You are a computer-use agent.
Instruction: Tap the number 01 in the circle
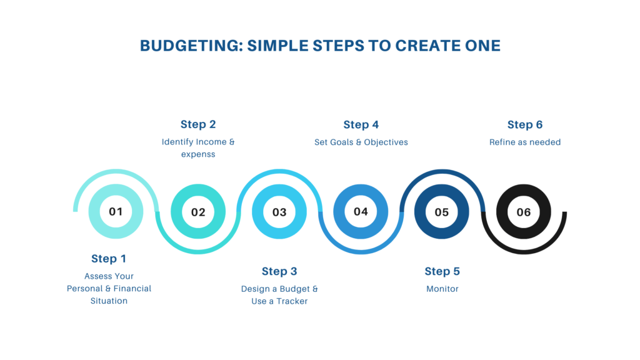116,211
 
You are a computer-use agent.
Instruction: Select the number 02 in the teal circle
198,212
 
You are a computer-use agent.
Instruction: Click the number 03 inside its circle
279,212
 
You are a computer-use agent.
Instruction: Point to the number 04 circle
361,211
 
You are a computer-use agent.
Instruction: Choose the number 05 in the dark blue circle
442,212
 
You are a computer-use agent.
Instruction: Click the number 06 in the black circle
524,212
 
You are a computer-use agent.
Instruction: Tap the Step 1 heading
109,259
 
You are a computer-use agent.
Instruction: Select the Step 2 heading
198,124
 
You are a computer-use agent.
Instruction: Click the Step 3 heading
279,271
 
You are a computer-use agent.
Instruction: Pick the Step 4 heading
361,124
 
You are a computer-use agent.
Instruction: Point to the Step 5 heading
442,271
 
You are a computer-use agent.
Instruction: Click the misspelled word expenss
198,154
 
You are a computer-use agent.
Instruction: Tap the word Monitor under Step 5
442,289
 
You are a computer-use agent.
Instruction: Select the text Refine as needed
525,142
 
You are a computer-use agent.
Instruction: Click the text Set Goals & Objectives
361,142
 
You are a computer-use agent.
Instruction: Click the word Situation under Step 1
109,301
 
